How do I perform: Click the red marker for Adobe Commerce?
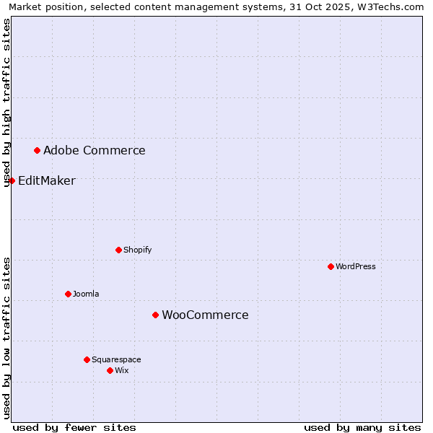coord(37,150)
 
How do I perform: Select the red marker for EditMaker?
coord(12,180)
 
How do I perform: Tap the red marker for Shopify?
coord(118,250)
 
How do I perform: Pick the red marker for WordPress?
coord(331,266)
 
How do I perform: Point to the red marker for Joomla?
coord(68,294)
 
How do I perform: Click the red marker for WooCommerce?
coord(155,315)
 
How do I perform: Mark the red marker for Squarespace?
coord(87,359)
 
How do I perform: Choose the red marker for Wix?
coord(110,370)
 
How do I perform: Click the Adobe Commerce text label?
coord(94,151)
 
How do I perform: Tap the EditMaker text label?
coord(46,181)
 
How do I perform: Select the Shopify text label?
coord(137,250)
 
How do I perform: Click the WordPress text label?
coord(355,267)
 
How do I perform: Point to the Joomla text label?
coord(86,294)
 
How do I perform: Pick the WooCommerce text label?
coord(205,315)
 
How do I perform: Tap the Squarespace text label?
coord(116,360)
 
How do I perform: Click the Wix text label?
coord(121,371)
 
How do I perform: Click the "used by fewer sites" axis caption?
coord(74,427)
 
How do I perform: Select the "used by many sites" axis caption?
coord(362,427)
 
